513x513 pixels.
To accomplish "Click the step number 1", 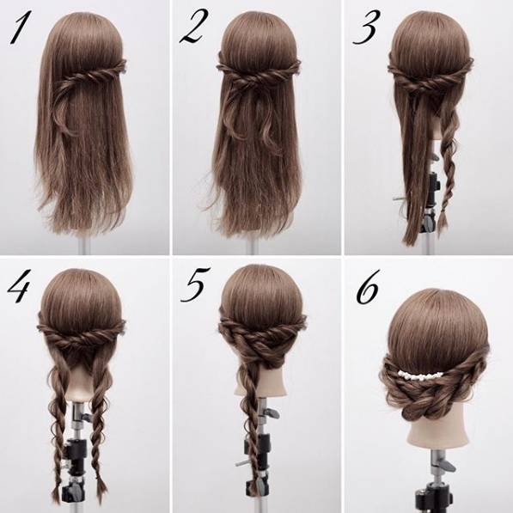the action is pyautogui.click(x=19, y=27).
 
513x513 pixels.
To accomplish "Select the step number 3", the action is pyautogui.click(x=367, y=27).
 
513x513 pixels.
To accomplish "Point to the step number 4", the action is pyautogui.click(x=19, y=286).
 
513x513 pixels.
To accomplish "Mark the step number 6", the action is pyautogui.click(x=368, y=287).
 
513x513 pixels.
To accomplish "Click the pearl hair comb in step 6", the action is pyautogui.click(x=420, y=375).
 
